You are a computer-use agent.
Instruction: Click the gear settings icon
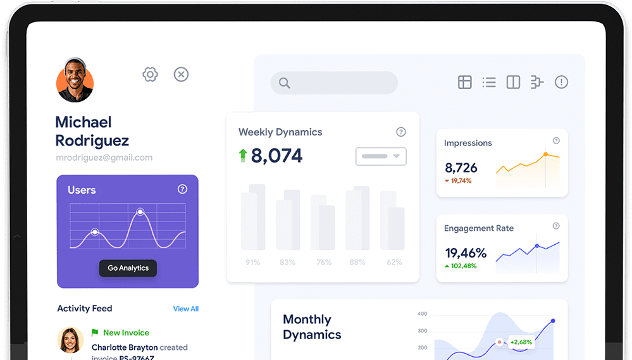tap(150, 75)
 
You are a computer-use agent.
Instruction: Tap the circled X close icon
tap(181, 75)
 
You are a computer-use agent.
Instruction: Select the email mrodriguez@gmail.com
tap(104, 158)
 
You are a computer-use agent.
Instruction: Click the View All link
tap(186, 309)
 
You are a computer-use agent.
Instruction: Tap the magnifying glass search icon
tap(284, 83)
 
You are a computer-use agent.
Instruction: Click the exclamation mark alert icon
tap(561, 82)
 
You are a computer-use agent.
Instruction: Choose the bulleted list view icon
tap(489, 82)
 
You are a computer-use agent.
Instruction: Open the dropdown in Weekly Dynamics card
tap(381, 156)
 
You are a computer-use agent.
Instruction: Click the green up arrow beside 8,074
tap(242, 156)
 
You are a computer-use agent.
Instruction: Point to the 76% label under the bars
tap(324, 262)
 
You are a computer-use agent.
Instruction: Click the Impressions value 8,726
tap(461, 168)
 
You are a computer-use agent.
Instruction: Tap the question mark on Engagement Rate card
tap(556, 226)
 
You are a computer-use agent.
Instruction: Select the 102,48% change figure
tap(464, 266)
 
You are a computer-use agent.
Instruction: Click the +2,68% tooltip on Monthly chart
tap(521, 342)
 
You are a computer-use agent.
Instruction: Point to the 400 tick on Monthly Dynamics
tap(422, 314)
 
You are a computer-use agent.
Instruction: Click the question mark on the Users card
tap(182, 189)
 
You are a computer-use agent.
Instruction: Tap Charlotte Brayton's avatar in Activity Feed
tap(70, 340)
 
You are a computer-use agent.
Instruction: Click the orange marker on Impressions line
tap(545, 154)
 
